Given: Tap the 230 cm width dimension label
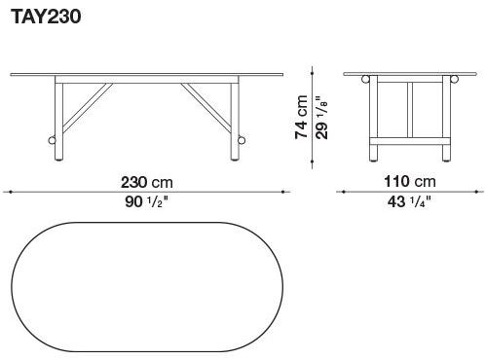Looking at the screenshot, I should coord(146,182).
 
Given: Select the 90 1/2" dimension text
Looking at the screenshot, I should coord(146,202).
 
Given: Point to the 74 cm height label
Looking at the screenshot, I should coord(302,116).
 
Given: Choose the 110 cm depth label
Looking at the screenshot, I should coord(410,182).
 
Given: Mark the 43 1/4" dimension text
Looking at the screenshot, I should coord(410,202).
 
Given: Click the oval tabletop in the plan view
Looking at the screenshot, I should coord(146,291).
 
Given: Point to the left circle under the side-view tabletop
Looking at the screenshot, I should coord(365,80).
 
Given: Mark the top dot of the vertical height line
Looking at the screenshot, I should coord(311,67).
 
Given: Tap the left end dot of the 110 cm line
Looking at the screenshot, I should coord(339,192).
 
